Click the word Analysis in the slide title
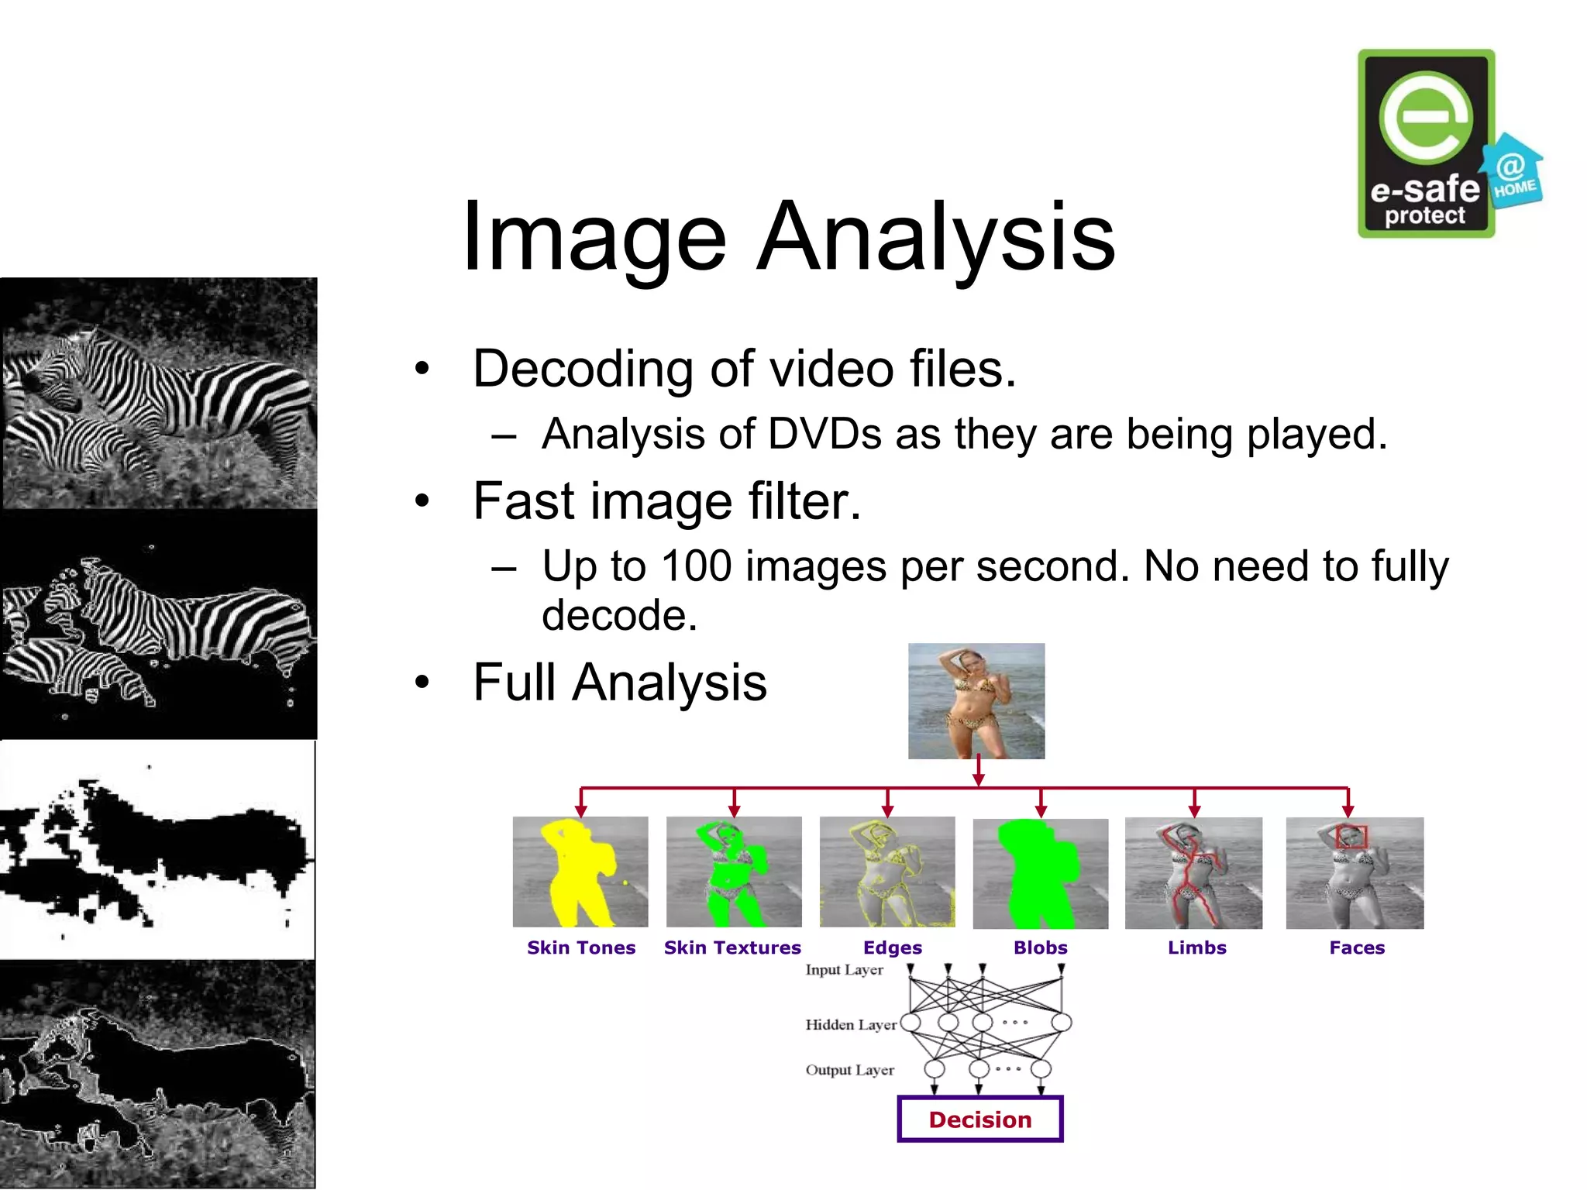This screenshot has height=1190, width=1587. coord(936,236)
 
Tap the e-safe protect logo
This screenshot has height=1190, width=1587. coord(1426,144)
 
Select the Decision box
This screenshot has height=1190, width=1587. coord(980,1119)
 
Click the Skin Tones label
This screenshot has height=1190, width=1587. coord(581,948)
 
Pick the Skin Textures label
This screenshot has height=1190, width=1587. coord(732,948)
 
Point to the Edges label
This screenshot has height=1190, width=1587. coord(893,948)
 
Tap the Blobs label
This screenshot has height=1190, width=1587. coord(1041,948)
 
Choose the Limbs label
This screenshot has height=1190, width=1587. coord(1197,948)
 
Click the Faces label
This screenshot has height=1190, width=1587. coord(1357,948)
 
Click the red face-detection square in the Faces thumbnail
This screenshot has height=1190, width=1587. coord(1352,837)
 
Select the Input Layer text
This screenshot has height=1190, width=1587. coord(844,970)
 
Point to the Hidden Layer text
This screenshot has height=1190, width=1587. coord(851,1025)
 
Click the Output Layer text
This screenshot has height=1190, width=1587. coord(849,1070)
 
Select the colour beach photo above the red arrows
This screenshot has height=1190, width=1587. coord(976,701)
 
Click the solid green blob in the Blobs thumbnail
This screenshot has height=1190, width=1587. coord(1038,875)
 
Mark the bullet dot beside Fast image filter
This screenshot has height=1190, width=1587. coord(422,501)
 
